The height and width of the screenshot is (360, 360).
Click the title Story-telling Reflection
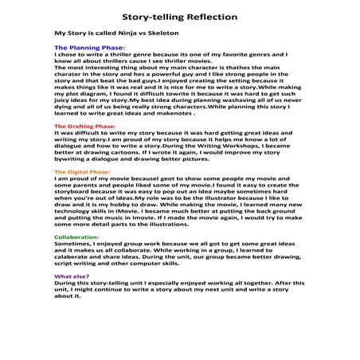click(x=180, y=16)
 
